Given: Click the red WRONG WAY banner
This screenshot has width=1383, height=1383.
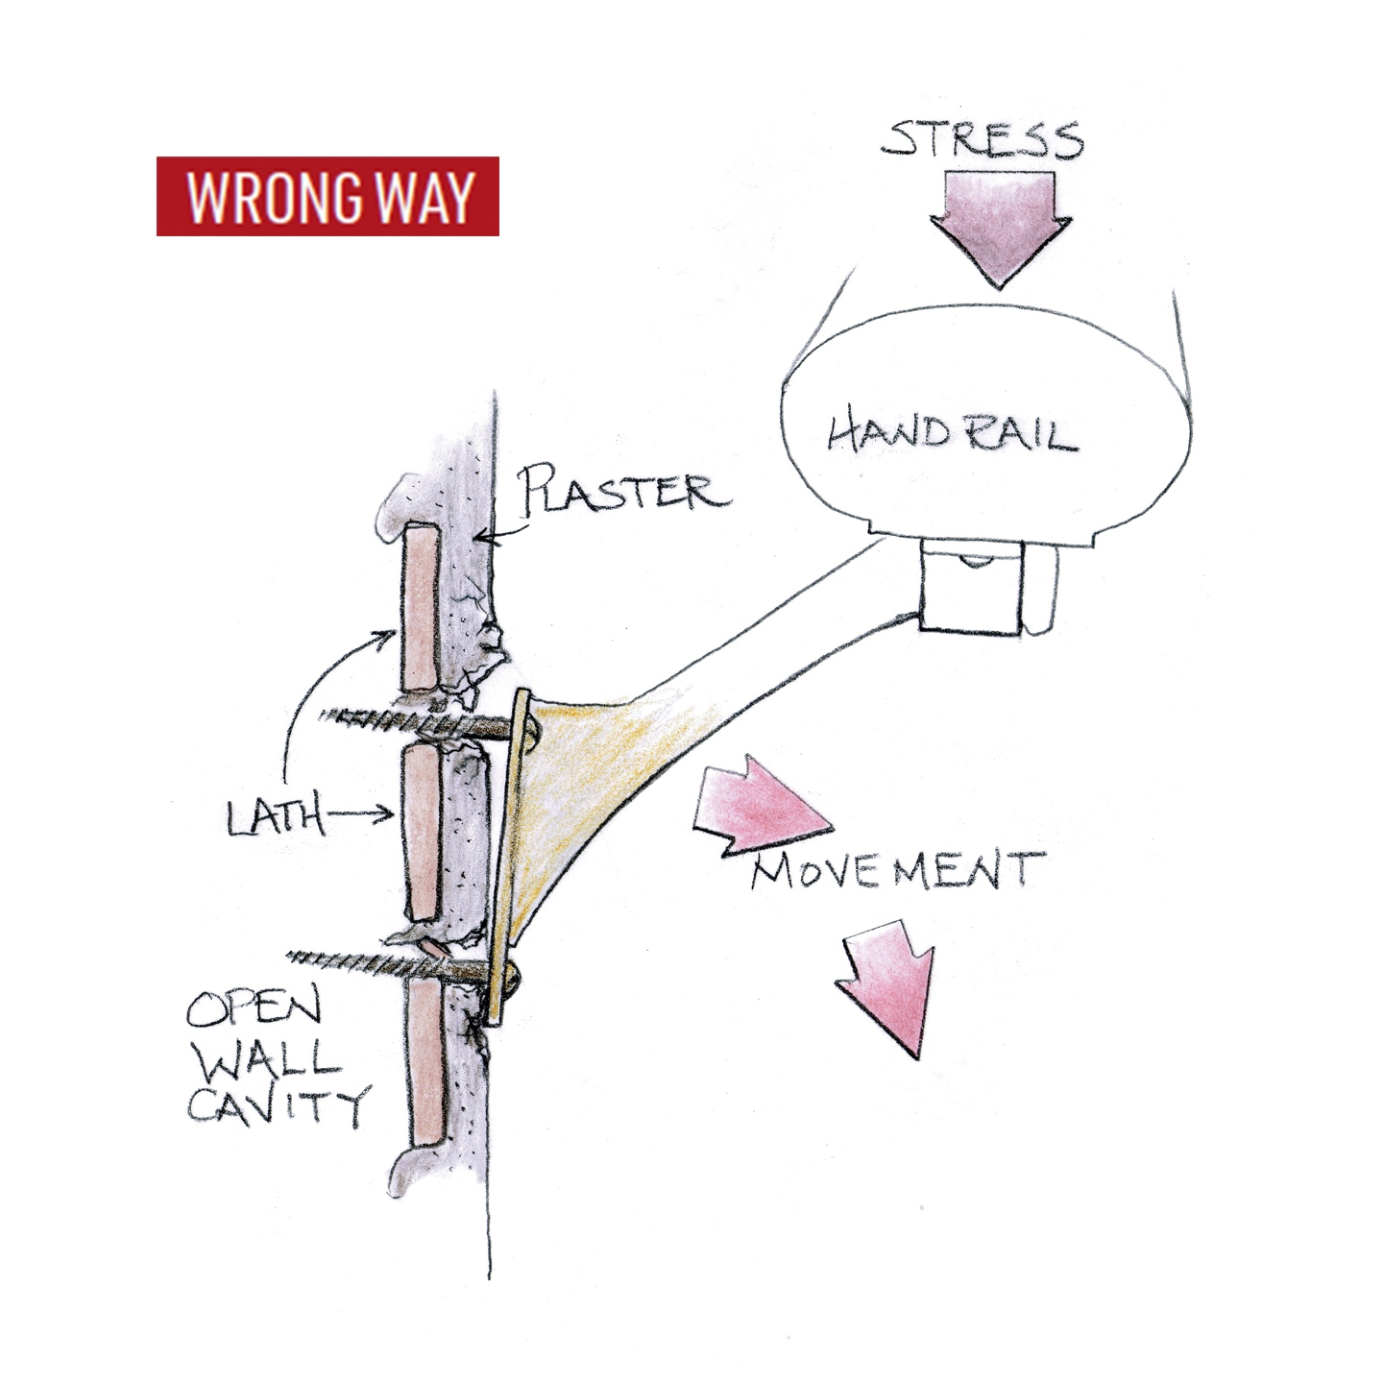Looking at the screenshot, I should pos(328,196).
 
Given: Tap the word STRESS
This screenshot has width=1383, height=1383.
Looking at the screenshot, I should pos(983,140).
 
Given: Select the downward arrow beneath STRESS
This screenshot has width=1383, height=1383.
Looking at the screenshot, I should pos(1000,227).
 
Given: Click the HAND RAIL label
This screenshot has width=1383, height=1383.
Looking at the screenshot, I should pos(952,433).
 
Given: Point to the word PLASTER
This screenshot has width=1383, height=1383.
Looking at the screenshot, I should pos(625,491).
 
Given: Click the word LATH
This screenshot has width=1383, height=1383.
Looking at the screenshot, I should pos(275,817).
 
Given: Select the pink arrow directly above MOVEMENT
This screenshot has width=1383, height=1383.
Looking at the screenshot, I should pos(760,803).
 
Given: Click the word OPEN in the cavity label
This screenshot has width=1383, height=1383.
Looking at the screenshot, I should pos(254,1007).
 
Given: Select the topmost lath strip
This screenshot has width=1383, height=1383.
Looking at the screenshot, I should pos(421,606).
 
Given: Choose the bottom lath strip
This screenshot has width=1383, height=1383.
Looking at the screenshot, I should pos(425,1060).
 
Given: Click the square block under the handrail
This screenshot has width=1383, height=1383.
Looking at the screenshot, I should pos(970,588).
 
